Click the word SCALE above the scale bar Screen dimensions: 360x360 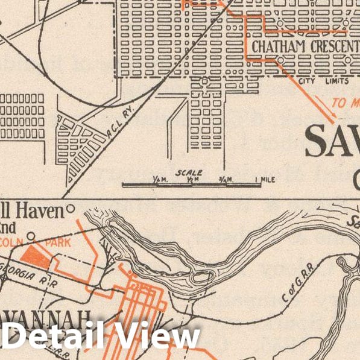[x=189, y=172]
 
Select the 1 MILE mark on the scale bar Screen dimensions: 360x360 [x=265, y=179]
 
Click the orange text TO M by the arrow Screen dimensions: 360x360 [x=346, y=103]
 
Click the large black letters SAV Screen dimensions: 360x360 [x=332, y=142]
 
